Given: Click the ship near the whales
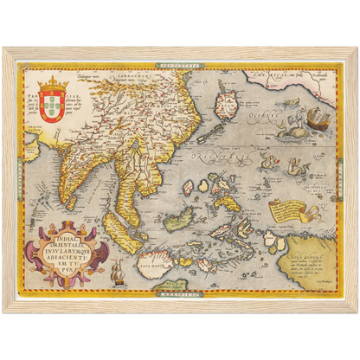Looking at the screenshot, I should [318, 117].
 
